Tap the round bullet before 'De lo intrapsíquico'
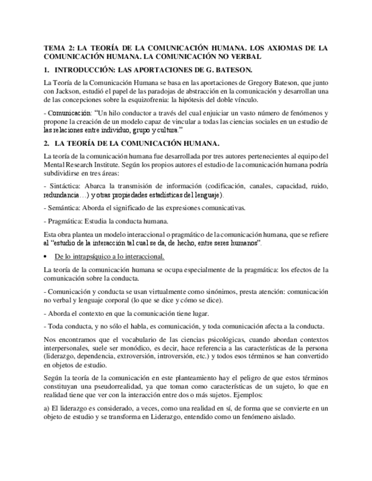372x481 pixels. coord(45,256)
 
